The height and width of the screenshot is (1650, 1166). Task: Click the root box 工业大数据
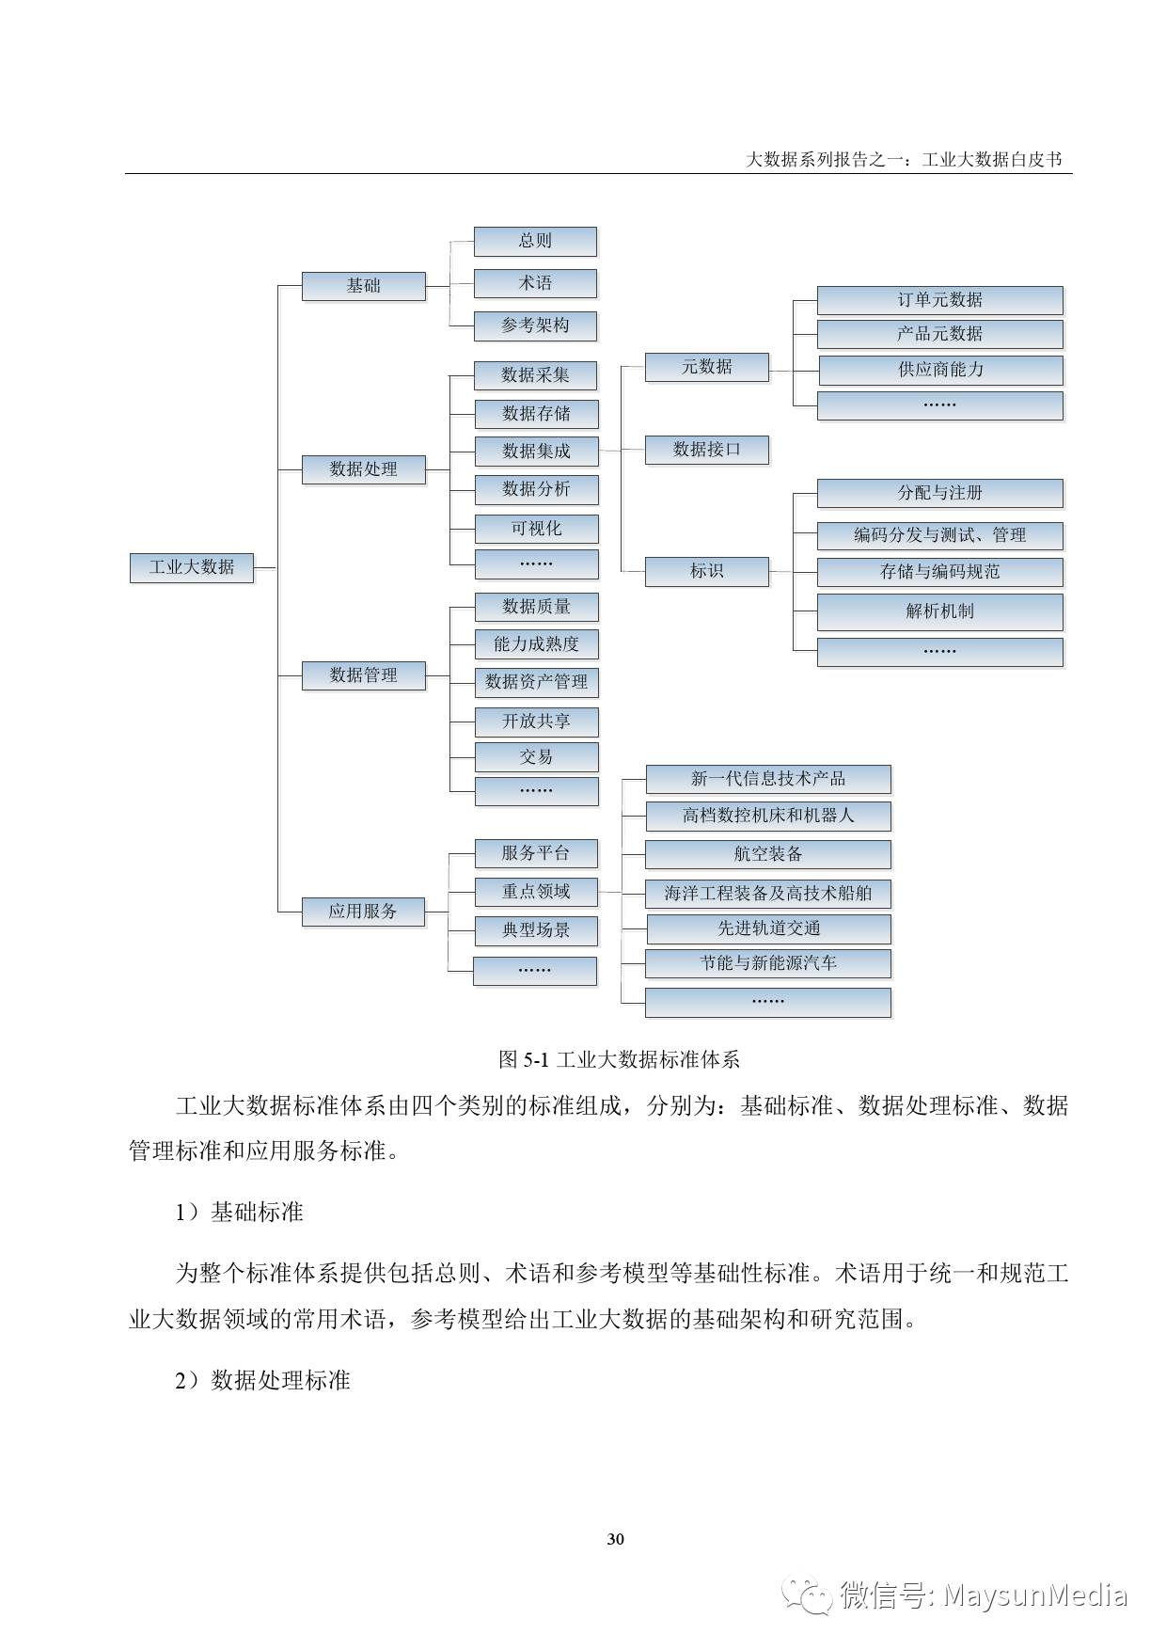(x=192, y=567)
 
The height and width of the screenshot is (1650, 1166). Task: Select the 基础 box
(x=363, y=285)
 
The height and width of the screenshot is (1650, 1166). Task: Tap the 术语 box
(x=535, y=283)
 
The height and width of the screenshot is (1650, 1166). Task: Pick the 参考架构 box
(x=535, y=325)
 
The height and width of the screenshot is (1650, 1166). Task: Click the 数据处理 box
(x=363, y=468)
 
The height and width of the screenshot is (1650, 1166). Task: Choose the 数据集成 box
(x=536, y=451)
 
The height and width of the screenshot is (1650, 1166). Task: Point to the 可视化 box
(x=536, y=528)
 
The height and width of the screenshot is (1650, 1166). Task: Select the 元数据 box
(x=706, y=367)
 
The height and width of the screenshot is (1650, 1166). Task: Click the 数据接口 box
(x=706, y=450)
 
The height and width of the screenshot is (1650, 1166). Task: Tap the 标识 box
(x=706, y=571)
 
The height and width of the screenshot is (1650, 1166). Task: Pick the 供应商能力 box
(x=940, y=370)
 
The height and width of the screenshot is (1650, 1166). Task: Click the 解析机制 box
(x=940, y=611)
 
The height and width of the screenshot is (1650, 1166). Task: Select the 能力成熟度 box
(x=536, y=644)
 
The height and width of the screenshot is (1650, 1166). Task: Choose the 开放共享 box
(x=536, y=722)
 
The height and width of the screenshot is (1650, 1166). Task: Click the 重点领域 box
(x=536, y=891)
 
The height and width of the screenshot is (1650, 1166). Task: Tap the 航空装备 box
(x=768, y=854)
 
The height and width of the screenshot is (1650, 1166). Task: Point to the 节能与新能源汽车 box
(x=768, y=963)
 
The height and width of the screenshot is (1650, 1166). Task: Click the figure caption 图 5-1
(x=619, y=1059)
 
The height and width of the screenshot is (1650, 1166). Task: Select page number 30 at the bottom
(x=616, y=1539)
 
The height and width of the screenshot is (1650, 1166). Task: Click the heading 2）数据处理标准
(x=262, y=1380)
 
